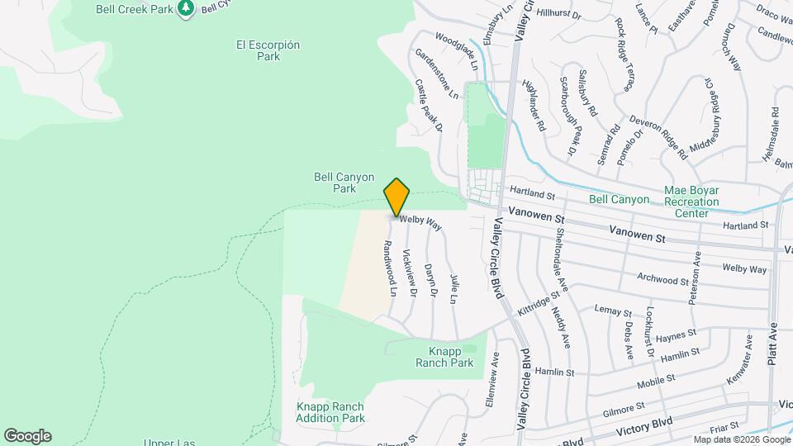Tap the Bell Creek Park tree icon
pyautogui.click(x=188, y=8)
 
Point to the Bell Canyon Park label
pyautogui.click(x=344, y=183)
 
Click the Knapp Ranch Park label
pyautogui.click(x=445, y=356)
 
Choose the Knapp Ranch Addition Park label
pyautogui.click(x=330, y=412)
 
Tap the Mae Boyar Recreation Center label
pyautogui.click(x=691, y=201)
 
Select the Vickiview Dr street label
pyautogui.click(x=407, y=273)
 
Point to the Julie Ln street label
pyautogui.click(x=453, y=289)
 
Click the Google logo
pyautogui.click(x=27, y=436)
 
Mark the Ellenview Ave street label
pyautogui.click(x=493, y=382)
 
